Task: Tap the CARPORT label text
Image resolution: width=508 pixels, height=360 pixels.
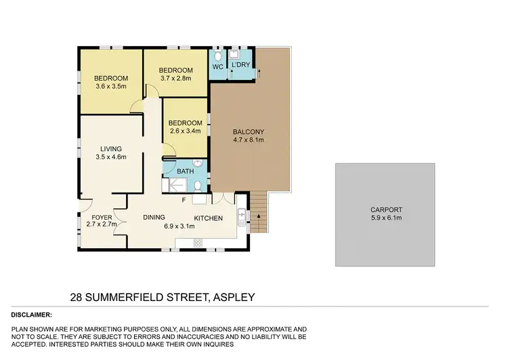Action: coord(385,209)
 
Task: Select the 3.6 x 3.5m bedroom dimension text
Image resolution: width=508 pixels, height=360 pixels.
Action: coord(111,86)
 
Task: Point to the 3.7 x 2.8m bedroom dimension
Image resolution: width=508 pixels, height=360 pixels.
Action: coord(175,79)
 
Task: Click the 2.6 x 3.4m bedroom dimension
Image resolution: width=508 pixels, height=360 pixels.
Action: coord(185,131)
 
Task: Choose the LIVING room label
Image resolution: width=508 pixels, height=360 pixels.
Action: coord(111,148)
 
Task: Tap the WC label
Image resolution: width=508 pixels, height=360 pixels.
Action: coord(217,67)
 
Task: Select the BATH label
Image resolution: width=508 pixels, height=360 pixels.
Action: coord(185,172)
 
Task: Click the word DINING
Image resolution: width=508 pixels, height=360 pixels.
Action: coord(154,218)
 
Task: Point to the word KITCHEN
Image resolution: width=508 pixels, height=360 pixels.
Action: coord(208,218)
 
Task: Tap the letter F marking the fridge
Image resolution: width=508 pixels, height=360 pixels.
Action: coord(184,200)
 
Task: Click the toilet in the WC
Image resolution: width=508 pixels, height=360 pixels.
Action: coord(218,54)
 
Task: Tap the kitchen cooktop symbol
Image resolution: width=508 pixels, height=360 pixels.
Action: coord(199,199)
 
